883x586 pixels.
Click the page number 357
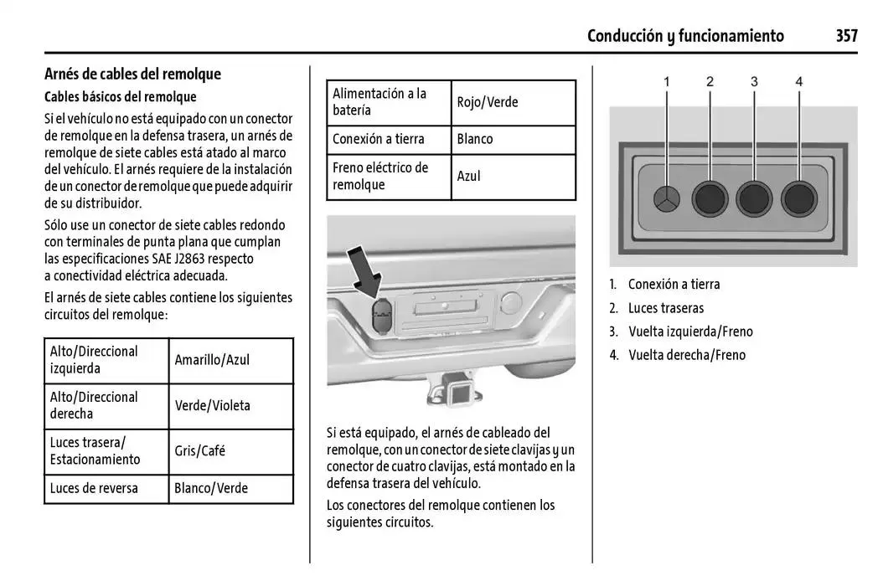(x=846, y=35)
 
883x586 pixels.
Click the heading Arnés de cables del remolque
(x=132, y=74)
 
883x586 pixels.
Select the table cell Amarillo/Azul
(x=212, y=360)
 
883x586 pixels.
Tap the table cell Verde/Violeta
(x=212, y=405)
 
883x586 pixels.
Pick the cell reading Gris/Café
(x=199, y=450)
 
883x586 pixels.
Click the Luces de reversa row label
(x=94, y=487)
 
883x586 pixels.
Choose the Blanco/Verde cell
(x=211, y=487)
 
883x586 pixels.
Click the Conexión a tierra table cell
(x=379, y=139)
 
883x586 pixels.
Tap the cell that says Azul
(x=469, y=176)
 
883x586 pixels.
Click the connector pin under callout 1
(x=668, y=200)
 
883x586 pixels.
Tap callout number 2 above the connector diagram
(x=710, y=81)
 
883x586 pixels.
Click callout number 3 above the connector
(x=754, y=81)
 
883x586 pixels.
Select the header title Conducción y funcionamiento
(x=685, y=35)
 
